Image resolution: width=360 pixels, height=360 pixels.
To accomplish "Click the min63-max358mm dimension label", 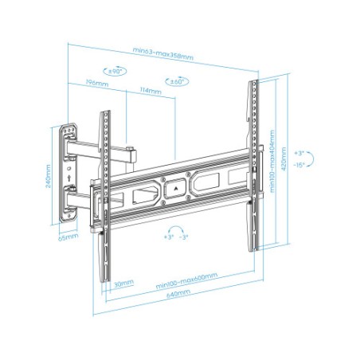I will (162, 54).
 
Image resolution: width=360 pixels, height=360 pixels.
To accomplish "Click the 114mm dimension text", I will (150, 90).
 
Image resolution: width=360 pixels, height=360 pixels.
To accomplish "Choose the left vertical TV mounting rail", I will (103, 195).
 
